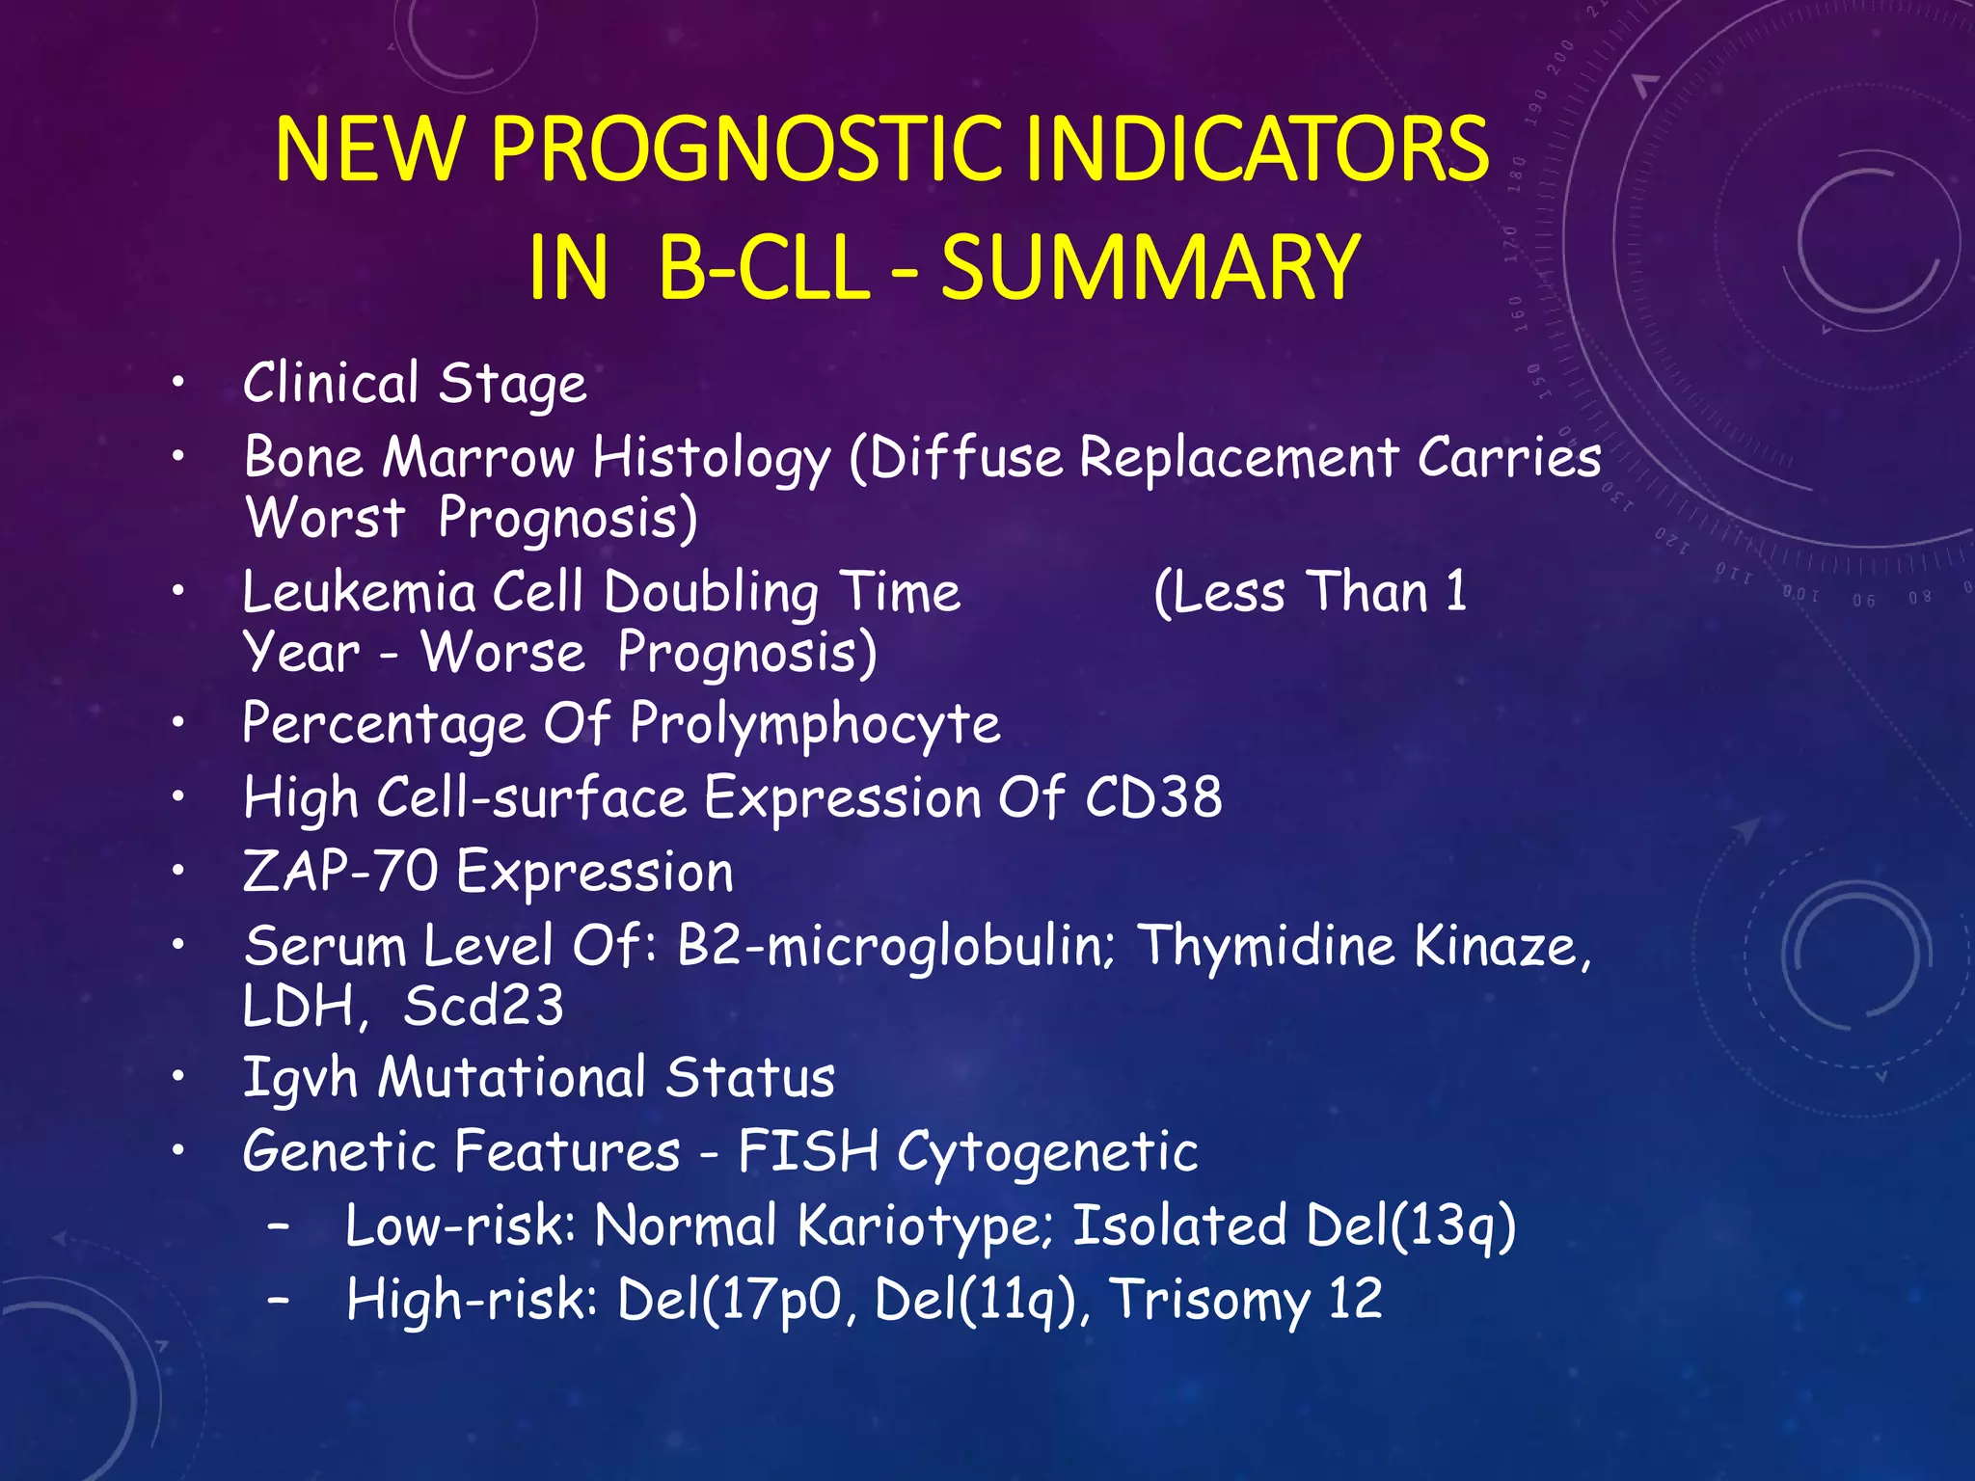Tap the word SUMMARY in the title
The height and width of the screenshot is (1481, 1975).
pyautogui.click(x=1150, y=268)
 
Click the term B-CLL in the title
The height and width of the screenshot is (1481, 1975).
pyautogui.click(x=764, y=268)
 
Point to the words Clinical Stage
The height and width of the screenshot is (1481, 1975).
pyautogui.click(x=415, y=384)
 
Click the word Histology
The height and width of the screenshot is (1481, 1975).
pyautogui.click(x=711, y=458)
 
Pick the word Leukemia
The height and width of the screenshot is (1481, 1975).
pyautogui.click(x=359, y=592)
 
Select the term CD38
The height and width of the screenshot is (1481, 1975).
pyautogui.click(x=1153, y=798)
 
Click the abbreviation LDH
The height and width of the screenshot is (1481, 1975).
pyautogui.click(x=299, y=1007)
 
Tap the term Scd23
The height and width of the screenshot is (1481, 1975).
pyautogui.click(x=483, y=1007)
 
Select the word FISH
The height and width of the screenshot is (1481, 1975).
pyautogui.click(x=808, y=1151)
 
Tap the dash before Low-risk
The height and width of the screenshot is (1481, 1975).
pyautogui.click(x=280, y=1225)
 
